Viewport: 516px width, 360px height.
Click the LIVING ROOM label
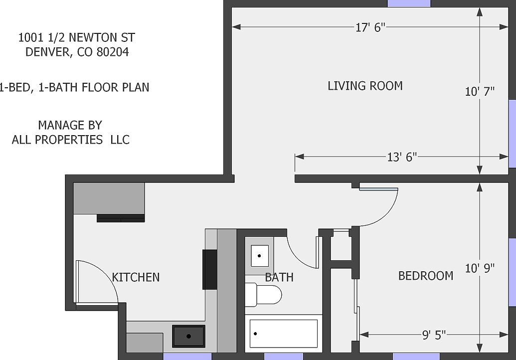tap(365, 86)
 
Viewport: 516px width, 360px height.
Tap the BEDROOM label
tap(425, 276)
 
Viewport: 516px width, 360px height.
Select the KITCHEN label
tap(136, 277)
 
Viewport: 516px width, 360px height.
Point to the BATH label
tap(279, 277)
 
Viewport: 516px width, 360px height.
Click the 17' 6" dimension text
tap(371, 28)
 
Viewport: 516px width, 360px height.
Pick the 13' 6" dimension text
tap(402, 158)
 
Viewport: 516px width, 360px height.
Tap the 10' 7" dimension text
tap(480, 91)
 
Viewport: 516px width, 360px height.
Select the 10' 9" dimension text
tap(480, 269)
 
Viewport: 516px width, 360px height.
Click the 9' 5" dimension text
tap(434, 335)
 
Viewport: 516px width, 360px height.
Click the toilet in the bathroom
tap(264, 295)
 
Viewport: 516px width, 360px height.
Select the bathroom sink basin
tap(259, 256)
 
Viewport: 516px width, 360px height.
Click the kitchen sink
tap(188, 336)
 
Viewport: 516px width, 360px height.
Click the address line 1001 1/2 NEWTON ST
tap(76, 37)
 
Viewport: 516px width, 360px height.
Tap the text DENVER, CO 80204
tap(77, 52)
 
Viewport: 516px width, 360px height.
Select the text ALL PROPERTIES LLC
tap(70, 140)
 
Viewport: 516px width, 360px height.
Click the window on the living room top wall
tap(409, 3)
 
